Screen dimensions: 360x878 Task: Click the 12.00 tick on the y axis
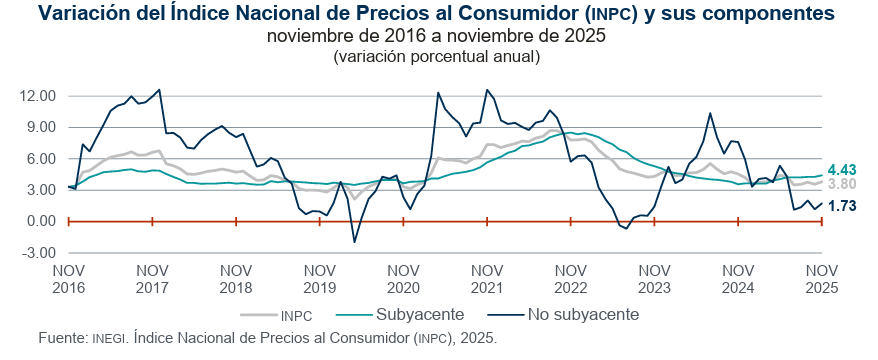tap(37, 96)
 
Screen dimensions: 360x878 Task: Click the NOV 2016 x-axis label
tap(68, 277)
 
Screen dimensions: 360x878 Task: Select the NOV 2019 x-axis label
tap(319, 277)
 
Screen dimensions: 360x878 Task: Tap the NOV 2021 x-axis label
tap(487, 277)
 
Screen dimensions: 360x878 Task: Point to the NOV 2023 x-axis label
tap(654, 277)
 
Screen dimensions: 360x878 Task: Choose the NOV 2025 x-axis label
tap(822, 277)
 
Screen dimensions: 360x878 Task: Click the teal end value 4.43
tap(843, 169)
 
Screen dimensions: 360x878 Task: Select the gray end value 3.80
tap(843, 184)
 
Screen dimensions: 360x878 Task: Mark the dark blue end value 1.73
tap(843, 205)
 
